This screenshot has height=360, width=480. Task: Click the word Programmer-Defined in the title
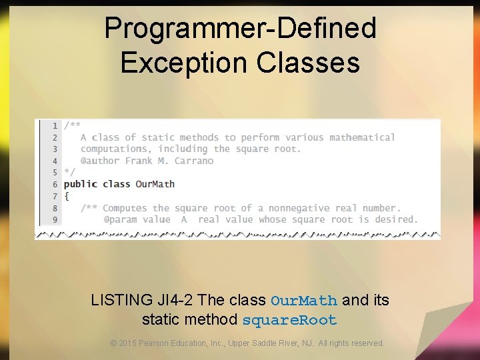[240, 29]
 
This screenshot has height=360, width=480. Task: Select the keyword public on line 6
[80, 184]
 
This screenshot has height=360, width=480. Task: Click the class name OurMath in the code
[155, 184]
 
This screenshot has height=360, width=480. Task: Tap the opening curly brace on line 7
[67, 196]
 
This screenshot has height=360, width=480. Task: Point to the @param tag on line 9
[120, 219]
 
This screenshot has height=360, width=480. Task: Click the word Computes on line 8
[125, 208]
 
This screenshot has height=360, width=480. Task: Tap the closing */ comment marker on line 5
[69, 172]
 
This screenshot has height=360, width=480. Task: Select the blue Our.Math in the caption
[304, 301]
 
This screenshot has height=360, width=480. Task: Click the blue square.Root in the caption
[289, 320]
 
